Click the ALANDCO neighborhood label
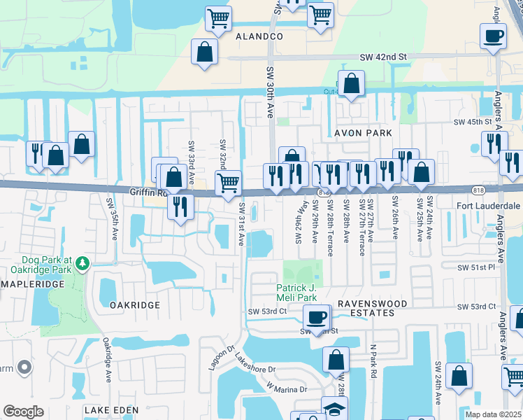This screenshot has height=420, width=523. tap(259, 36)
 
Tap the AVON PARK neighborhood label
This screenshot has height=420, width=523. tap(360, 132)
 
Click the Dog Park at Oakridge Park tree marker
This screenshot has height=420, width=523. tap(83, 263)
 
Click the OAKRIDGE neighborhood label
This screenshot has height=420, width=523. tap(134, 305)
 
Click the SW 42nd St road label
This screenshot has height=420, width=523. tap(383, 57)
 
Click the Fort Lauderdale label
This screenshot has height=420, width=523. tap(488, 206)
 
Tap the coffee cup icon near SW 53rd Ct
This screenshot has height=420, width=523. tap(317, 316)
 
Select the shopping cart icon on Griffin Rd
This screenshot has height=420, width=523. tap(228, 183)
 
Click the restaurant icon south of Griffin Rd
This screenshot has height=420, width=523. tap(181, 206)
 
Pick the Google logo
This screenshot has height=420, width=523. tap(23, 412)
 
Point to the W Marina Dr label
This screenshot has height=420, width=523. tap(286, 386)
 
